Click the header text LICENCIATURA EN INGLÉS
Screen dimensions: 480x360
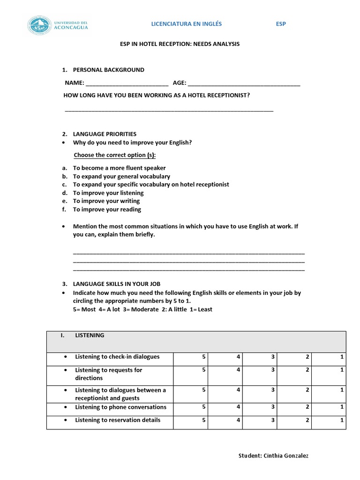(x=186, y=24)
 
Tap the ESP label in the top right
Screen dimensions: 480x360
(x=280, y=24)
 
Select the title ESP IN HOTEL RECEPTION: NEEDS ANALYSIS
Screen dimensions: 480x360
(x=180, y=44)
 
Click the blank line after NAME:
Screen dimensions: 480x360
(x=127, y=84)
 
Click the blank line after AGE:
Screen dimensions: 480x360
(x=244, y=84)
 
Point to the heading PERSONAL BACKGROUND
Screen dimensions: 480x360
(x=108, y=70)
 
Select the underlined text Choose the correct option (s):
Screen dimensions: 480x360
(x=115, y=155)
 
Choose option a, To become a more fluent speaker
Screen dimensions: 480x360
(x=119, y=168)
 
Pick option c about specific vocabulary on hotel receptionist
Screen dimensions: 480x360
(x=150, y=185)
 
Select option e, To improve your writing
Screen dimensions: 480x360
(x=106, y=201)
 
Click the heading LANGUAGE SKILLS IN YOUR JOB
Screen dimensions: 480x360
(x=117, y=284)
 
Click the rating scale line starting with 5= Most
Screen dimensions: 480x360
(x=142, y=309)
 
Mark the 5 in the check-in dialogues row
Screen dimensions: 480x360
(x=204, y=357)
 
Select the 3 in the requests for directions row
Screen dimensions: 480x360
(x=273, y=370)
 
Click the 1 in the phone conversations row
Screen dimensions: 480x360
(x=342, y=407)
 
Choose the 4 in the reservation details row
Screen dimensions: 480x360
(x=239, y=420)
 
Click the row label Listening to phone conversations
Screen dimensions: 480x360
(x=120, y=407)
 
